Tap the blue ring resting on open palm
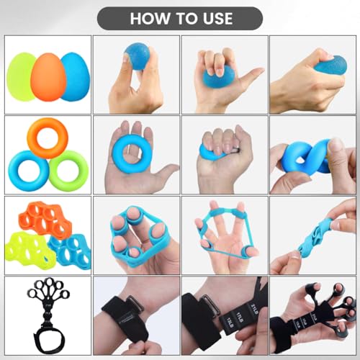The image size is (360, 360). [135, 148]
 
